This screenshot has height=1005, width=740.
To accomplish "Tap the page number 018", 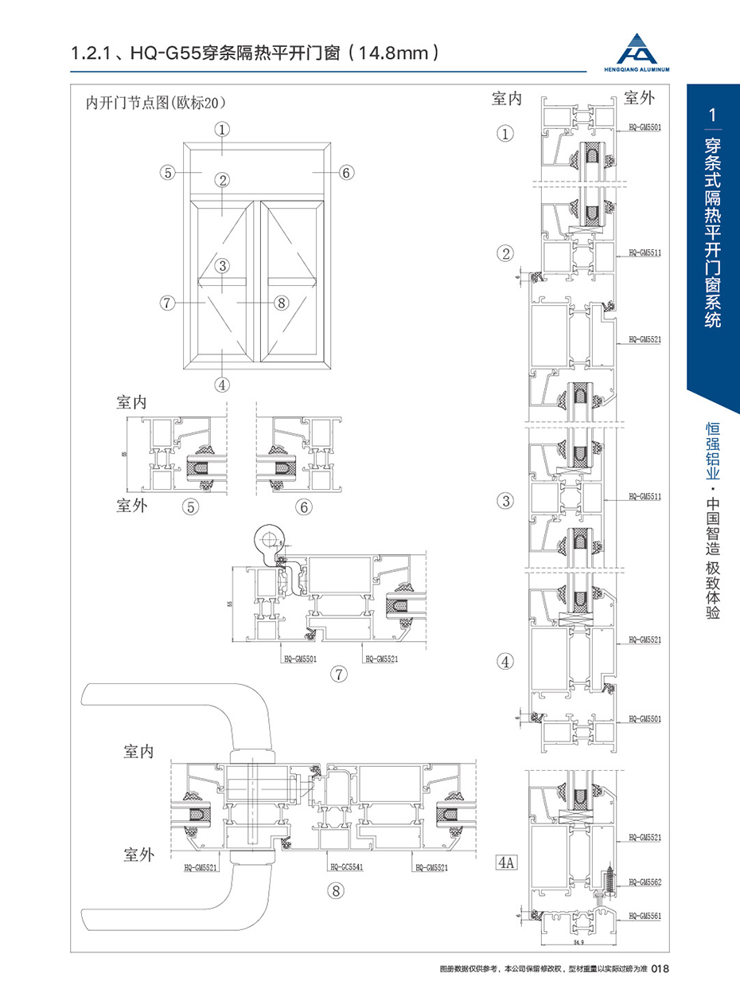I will click(663, 969).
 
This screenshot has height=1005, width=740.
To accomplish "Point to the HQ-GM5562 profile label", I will click(645, 882).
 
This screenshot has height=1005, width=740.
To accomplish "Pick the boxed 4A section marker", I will click(506, 862).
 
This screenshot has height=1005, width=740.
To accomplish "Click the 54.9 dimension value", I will click(578, 943).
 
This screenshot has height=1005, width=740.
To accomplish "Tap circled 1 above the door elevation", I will click(222, 127).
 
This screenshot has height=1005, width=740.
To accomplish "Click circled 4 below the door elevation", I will click(222, 384).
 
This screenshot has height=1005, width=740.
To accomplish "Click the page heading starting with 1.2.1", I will click(255, 54).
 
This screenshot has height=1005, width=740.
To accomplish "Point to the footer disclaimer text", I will click(544, 969).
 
